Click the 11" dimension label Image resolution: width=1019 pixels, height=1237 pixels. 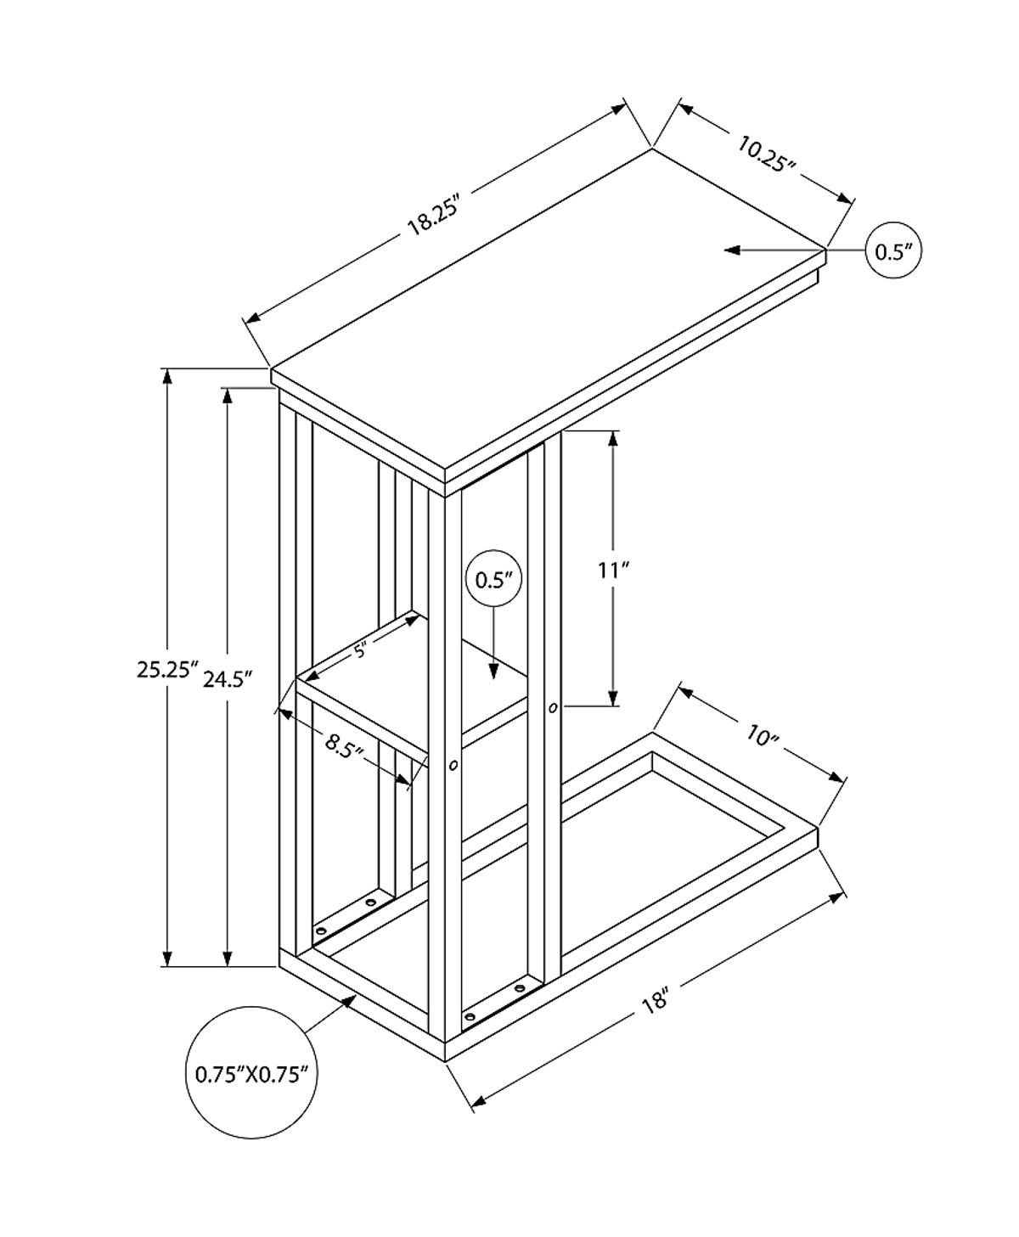point(611,571)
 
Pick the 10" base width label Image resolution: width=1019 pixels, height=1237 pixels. point(763,735)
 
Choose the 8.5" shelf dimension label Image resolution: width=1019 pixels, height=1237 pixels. point(346,746)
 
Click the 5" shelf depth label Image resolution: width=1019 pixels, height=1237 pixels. point(361,651)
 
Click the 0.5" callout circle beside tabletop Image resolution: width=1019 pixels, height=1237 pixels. point(893,250)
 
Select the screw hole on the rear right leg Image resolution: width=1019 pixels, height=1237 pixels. point(553,707)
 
